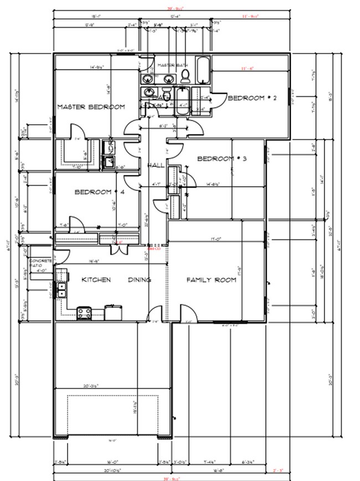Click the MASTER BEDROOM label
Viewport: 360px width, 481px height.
pyautogui.click(x=91, y=107)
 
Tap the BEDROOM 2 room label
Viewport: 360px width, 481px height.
pyautogui.click(x=252, y=98)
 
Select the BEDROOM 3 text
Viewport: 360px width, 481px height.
pyautogui.click(x=222, y=159)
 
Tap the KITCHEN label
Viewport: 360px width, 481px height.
pyautogui.click(x=96, y=280)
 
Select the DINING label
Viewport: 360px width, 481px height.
pyautogui.click(x=140, y=280)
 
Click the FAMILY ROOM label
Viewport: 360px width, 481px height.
pyautogui.click(x=211, y=280)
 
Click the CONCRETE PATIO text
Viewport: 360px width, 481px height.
pyautogui.click(x=40, y=263)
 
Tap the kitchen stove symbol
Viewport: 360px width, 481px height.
pyautogui.click(x=84, y=313)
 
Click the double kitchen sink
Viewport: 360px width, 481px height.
pyautogui.click(x=61, y=289)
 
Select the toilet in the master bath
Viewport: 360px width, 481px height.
pyautogui.click(x=186, y=77)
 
